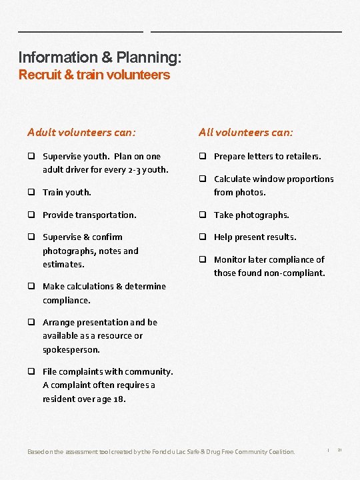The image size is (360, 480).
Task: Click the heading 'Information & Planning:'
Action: (99, 58)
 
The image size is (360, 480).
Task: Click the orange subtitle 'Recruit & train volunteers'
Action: (94, 75)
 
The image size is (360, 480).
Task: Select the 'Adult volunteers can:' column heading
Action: (81, 132)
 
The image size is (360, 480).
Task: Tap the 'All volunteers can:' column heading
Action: (246, 132)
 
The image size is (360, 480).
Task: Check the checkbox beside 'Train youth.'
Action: (31, 192)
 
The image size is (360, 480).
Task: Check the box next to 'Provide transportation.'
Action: (31, 215)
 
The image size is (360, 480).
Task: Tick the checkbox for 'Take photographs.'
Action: (202, 215)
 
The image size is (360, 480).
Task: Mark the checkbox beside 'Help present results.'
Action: (202, 237)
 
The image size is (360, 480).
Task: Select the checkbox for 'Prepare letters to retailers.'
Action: (202, 156)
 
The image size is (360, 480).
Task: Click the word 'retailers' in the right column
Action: (303, 157)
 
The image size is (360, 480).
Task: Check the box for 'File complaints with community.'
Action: (31, 371)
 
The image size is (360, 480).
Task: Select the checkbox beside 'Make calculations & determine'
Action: (31, 286)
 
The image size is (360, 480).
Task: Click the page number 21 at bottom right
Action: (340, 451)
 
